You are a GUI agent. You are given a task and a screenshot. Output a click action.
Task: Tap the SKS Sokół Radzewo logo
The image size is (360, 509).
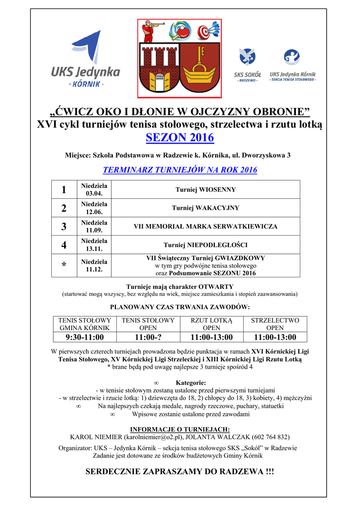(247, 65)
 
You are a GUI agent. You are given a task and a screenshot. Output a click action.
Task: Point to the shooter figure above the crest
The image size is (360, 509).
(150, 31)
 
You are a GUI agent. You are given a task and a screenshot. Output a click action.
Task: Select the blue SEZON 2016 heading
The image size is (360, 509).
(180, 137)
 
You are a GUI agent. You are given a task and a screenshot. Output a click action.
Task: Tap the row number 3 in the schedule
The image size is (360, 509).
(64, 227)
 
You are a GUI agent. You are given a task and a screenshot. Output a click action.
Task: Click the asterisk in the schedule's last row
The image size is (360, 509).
(64, 266)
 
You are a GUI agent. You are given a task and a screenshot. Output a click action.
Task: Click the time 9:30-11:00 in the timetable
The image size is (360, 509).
(85, 338)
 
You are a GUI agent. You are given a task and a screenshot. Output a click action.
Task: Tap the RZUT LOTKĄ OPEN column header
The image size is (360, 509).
(211, 324)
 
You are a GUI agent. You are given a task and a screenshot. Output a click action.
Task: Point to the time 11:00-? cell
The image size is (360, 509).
(148, 338)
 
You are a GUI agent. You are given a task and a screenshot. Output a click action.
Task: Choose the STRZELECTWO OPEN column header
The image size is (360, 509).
(275, 324)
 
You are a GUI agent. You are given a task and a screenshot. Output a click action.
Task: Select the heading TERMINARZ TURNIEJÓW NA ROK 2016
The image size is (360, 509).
(180, 170)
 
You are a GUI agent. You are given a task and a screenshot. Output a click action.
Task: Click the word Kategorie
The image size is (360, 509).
(190, 383)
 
